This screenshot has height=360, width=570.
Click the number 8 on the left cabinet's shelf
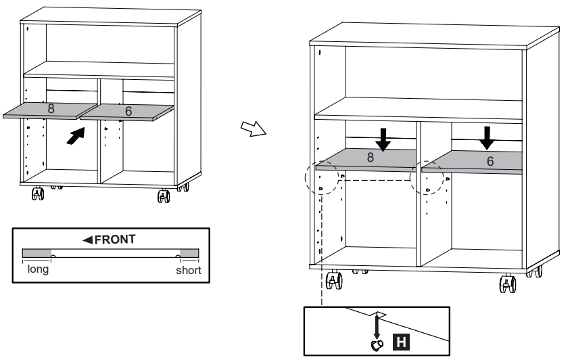51,108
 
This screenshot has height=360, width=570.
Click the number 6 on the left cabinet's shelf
128,111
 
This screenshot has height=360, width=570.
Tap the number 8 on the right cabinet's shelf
370,158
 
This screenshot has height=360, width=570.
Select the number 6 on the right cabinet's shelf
490,162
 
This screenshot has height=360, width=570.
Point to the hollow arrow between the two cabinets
252,129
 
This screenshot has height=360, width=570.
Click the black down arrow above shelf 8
383,138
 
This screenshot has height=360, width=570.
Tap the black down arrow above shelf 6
486,137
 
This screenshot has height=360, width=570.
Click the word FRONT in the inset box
115,240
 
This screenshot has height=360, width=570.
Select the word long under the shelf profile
37,269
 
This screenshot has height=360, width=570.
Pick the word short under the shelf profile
189,270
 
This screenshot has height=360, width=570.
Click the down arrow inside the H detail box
377,324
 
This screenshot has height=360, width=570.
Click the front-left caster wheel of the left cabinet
38,196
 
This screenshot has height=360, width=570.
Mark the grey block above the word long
37,252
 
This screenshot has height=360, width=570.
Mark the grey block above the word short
189,252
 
